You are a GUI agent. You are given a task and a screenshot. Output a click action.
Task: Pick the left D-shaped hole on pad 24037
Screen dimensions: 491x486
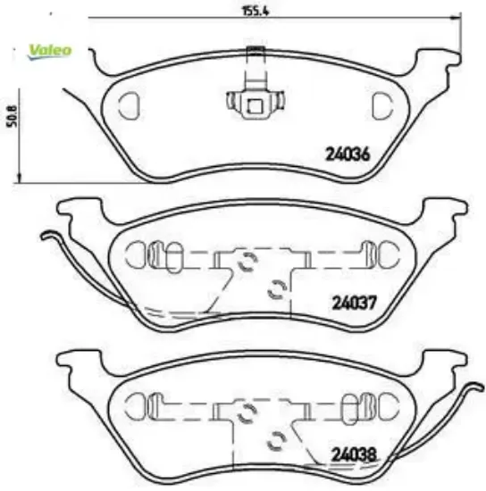click(136, 254)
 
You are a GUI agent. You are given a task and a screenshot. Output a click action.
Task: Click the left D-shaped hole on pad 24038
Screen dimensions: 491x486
click(136, 404)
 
